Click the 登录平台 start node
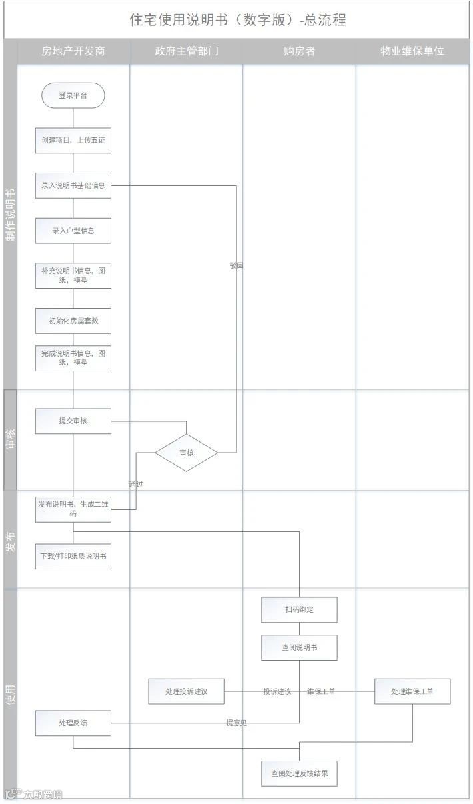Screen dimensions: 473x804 [x=73, y=95]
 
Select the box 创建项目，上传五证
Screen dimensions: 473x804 [x=73, y=141]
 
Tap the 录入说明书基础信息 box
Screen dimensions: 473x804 [x=73, y=185]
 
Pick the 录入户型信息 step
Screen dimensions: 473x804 [x=73, y=231]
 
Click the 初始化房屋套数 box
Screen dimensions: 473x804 [x=73, y=321]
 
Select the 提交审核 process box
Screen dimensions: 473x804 [x=73, y=421]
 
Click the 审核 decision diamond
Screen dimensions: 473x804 [x=187, y=453]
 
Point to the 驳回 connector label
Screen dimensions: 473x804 [x=236, y=265]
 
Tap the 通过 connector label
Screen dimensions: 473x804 [x=136, y=484]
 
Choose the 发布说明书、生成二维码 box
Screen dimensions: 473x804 [x=73, y=509]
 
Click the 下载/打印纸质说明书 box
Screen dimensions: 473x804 [x=73, y=556]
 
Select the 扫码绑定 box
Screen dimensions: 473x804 [x=299, y=609]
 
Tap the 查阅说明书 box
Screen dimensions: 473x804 [x=299, y=647]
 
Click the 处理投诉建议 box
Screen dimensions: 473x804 [x=186, y=691]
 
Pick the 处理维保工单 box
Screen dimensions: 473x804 [x=412, y=691]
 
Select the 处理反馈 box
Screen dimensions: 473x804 [x=73, y=723]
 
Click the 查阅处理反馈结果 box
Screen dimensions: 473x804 [x=299, y=773]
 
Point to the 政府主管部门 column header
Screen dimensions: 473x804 [x=187, y=51]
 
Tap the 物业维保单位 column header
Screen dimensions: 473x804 [x=412, y=51]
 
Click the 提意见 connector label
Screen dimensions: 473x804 [x=236, y=723]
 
